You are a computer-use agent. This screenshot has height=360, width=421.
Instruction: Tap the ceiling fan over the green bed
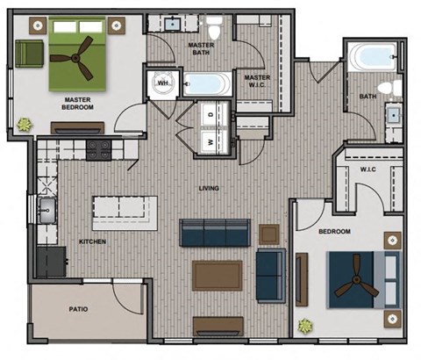pyautogui.click(x=70, y=58)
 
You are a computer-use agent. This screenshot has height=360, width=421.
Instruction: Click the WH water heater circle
pyautogui.click(x=162, y=85)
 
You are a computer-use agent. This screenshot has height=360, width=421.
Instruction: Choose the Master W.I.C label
pyautogui.click(x=257, y=81)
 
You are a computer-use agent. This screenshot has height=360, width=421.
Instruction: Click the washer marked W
pyautogui.click(x=211, y=140)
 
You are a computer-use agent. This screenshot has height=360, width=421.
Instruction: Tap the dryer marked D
pyautogui.click(x=211, y=114)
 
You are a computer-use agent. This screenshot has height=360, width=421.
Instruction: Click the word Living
pyautogui.click(x=208, y=189)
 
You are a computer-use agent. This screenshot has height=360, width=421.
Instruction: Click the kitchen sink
pyautogui.click(x=46, y=210)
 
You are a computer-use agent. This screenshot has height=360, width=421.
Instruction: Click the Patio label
pyautogui.click(x=80, y=309)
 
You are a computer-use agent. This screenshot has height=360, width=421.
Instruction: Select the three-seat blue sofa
pyautogui.click(x=214, y=232)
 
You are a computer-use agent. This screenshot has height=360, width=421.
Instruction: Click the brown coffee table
pyautogui.click(x=217, y=275)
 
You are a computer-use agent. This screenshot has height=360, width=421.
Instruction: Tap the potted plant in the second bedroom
pyautogui.click(x=304, y=325)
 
